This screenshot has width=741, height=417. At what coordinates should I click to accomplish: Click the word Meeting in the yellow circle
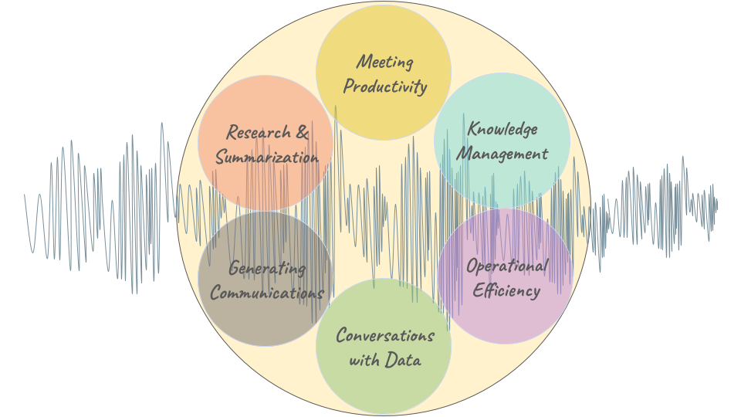pos(384,62)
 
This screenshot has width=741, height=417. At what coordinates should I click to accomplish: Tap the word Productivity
pos(384,86)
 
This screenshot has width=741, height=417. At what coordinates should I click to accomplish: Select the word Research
pos(259,133)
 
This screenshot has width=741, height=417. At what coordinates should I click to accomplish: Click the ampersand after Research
pos(302,133)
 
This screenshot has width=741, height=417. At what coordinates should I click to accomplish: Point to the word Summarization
pos(266,157)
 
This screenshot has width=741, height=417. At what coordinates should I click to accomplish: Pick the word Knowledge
pos(502,129)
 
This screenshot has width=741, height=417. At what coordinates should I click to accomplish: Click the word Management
pos(502,153)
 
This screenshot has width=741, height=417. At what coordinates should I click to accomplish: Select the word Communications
pos(266,293)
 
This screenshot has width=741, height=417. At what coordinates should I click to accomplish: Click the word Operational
pos(506,266)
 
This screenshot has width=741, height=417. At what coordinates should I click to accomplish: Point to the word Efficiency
pos(506,290)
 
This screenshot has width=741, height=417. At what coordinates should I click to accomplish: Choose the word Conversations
pos(384,336)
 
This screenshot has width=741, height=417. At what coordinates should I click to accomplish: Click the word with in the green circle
pos(365,360)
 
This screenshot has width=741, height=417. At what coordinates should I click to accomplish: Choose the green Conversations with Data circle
pos(384,386)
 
